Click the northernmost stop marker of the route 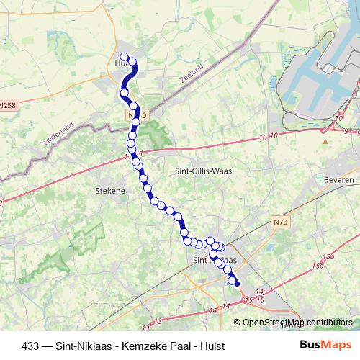(x=124, y=57)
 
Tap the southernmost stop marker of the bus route (x=235, y=283)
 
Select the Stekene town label (x=110, y=191)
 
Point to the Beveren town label (x=339, y=179)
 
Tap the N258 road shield (x=7, y=105)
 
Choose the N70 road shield (x=280, y=222)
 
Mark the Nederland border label (x=59, y=135)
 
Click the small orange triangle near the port (x=325, y=141)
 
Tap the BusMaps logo (x=326, y=344)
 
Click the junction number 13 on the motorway (x=157, y=319)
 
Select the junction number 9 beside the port (x=346, y=132)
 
